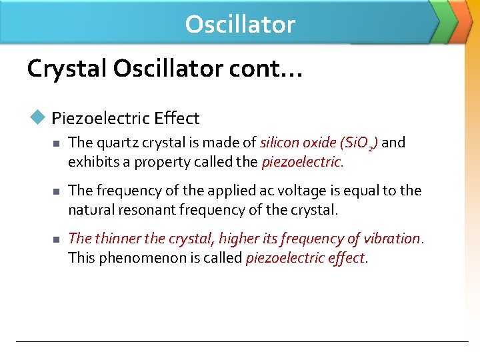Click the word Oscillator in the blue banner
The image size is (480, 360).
[240, 24]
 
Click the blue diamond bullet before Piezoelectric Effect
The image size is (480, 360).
[37, 117]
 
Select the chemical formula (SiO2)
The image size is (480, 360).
[359, 143]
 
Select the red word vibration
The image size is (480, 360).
[393, 239]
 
